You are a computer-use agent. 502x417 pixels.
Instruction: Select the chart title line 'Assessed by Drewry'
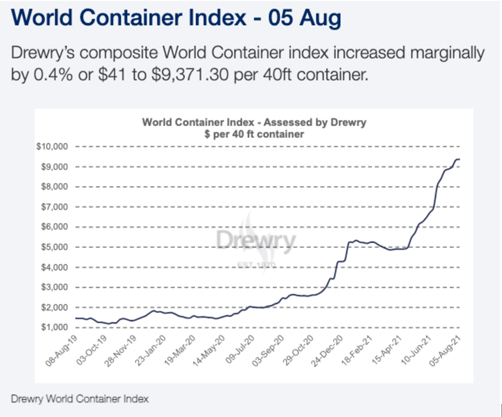point(254,122)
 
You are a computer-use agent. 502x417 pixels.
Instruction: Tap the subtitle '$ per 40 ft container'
point(254,134)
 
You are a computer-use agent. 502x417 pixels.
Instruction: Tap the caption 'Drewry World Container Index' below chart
point(80,398)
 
